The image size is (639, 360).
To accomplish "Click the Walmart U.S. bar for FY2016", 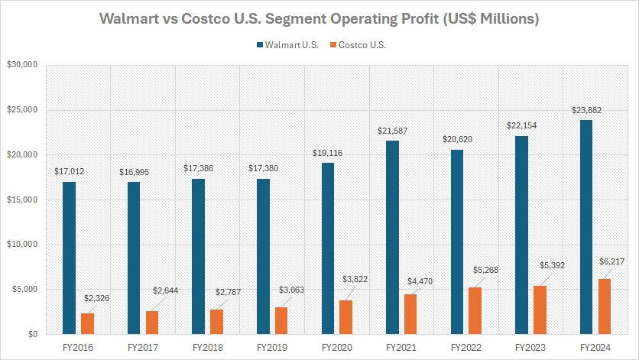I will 68,258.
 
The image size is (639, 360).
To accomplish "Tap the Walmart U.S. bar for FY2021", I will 392,237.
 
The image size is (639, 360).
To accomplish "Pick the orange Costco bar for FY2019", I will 281,320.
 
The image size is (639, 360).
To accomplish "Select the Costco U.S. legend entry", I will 360,45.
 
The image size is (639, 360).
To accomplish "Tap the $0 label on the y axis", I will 32,335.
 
